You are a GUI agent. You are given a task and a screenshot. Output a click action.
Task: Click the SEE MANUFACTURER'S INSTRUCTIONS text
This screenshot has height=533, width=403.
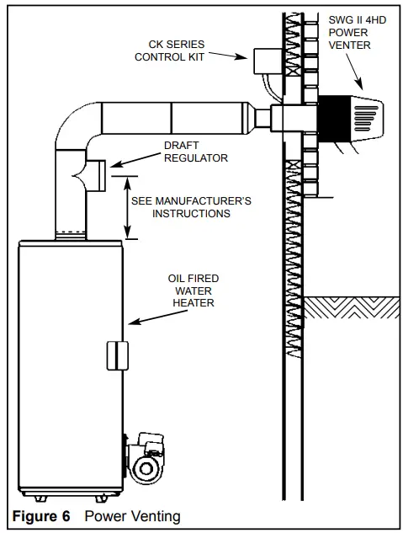191,207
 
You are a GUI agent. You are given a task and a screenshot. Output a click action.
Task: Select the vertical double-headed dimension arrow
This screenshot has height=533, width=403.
126,207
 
